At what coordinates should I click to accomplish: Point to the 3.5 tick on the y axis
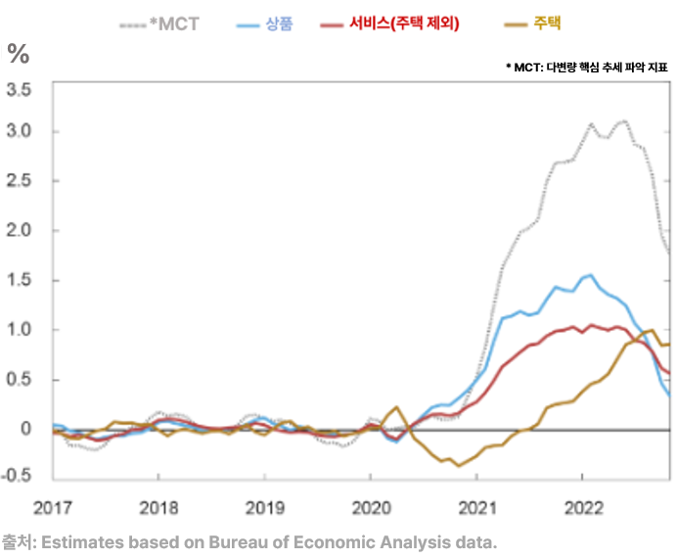pyautogui.click(x=19, y=90)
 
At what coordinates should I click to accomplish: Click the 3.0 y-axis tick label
pyautogui.click(x=19, y=131)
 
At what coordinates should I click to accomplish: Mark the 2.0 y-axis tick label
pyautogui.click(x=19, y=230)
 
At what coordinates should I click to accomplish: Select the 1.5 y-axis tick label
pyautogui.click(x=19, y=280)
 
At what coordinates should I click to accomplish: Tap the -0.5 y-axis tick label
pyautogui.click(x=17, y=475)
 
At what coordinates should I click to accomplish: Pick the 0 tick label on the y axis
pyautogui.click(x=25, y=429)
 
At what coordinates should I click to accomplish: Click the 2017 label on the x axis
pyautogui.click(x=53, y=508)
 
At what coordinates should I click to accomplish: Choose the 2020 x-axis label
pyautogui.click(x=372, y=508)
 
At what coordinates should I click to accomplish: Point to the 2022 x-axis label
pyautogui.click(x=584, y=508)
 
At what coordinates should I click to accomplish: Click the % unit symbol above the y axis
pyautogui.click(x=19, y=54)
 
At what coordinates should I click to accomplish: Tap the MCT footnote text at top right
pyautogui.click(x=587, y=68)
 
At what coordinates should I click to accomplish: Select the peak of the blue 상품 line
pyautogui.click(x=591, y=275)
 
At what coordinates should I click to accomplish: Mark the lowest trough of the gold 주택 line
pyautogui.click(x=459, y=466)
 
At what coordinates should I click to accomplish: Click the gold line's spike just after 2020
pyautogui.click(x=396, y=407)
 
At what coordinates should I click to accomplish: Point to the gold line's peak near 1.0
pyautogui.click(x=652, y=330)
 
